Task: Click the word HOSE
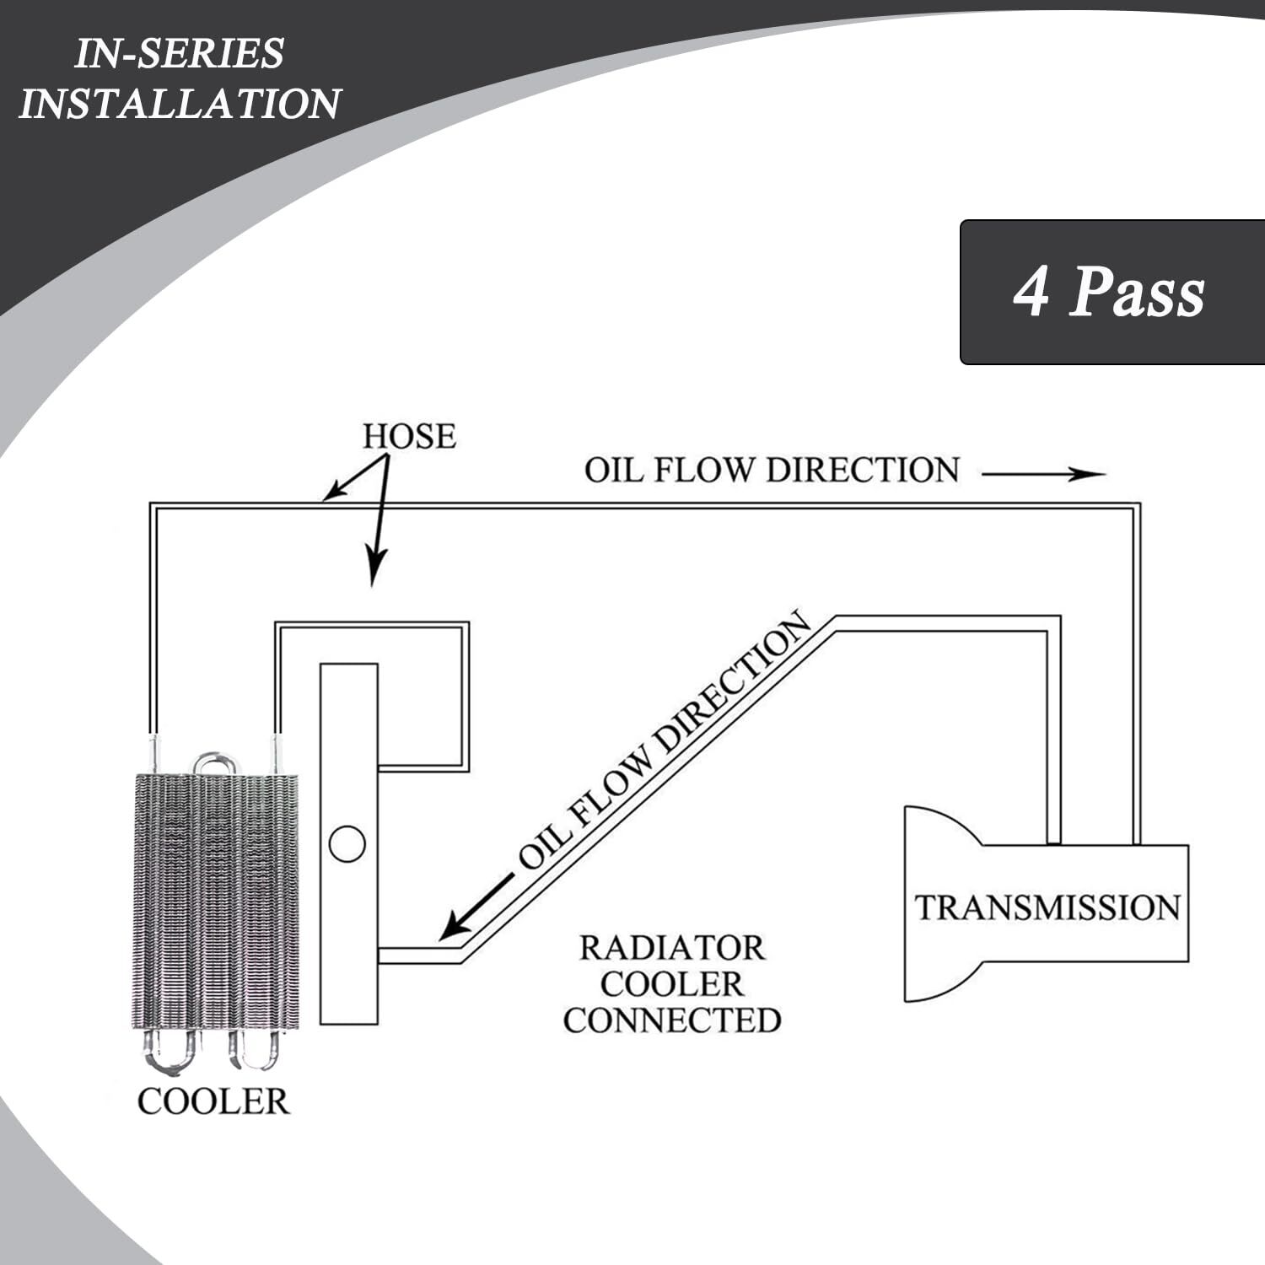(409, 437)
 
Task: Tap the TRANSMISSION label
(1047, 907)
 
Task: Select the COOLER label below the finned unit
(213, 1101)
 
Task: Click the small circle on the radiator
(347, 844)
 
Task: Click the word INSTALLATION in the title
(179, 104)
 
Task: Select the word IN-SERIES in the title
(180, 54)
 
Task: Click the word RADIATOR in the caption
(671, 948)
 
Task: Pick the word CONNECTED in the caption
(671, 1020)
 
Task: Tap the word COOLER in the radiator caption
(671, 984)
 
